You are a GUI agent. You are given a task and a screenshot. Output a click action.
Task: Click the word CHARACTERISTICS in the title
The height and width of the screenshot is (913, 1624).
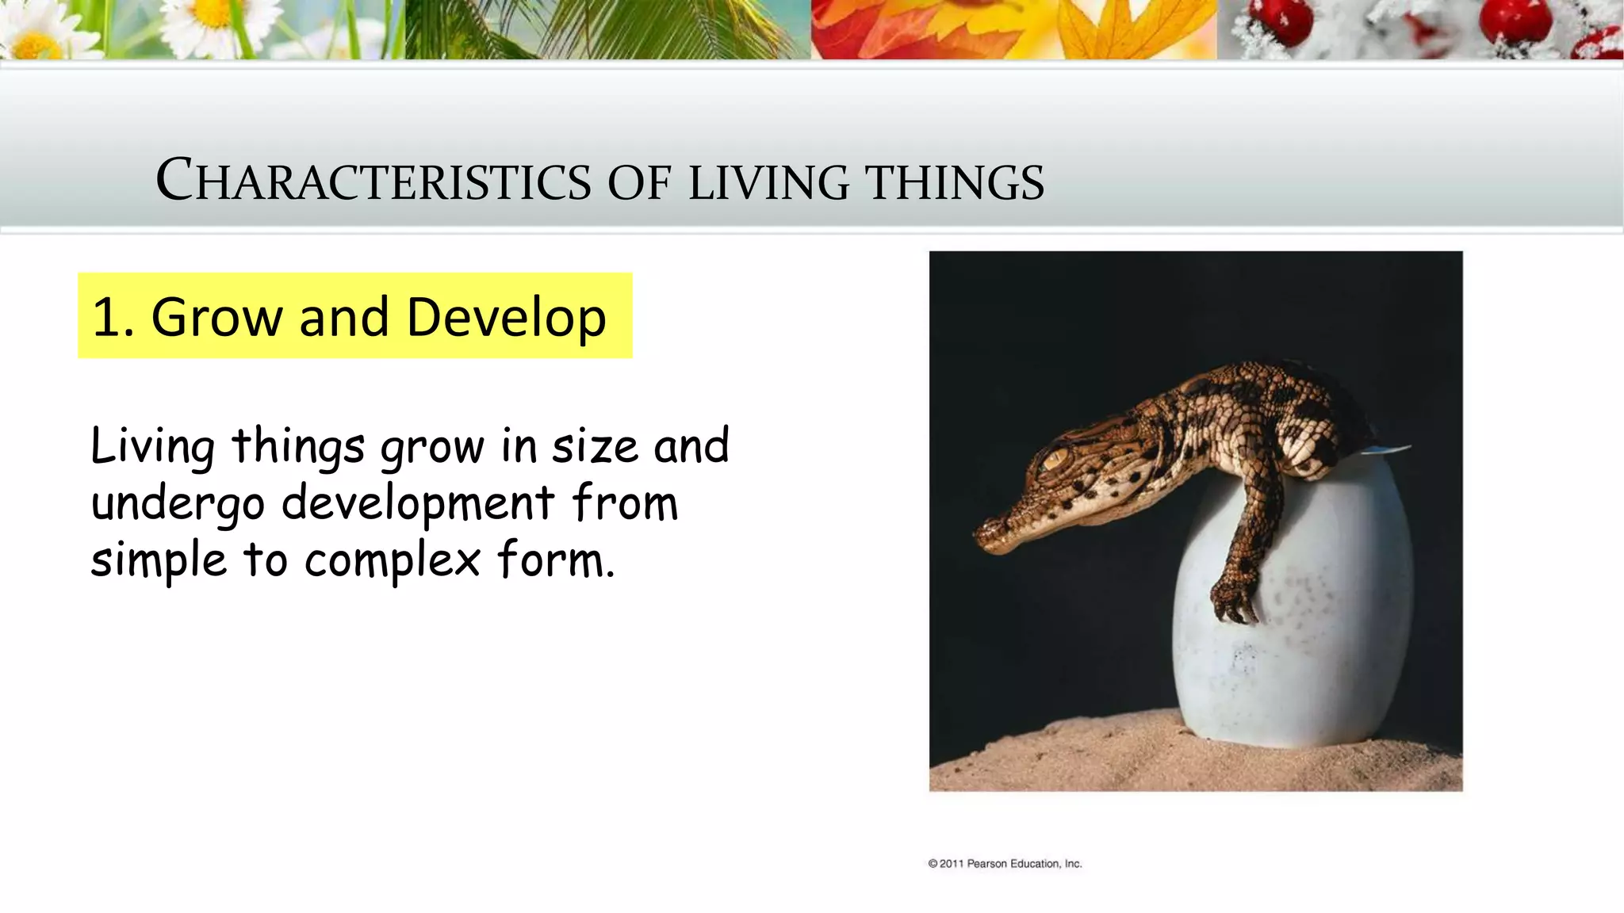(x=373, y=181)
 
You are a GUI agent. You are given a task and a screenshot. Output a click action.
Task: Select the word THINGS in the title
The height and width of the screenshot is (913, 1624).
(x=955, y=182)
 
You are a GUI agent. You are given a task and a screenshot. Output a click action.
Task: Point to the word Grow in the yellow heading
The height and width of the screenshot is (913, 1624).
(x=215, y=317)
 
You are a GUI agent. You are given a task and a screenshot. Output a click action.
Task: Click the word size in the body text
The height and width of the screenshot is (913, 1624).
(x=595, y=446)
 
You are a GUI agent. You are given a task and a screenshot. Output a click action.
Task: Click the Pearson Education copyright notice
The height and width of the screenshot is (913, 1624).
(x=1005, y=864)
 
